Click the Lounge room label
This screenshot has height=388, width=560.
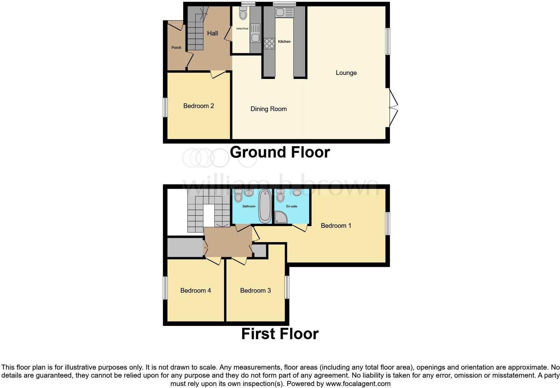346,73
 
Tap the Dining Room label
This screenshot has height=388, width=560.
268,109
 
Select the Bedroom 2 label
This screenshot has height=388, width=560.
198,106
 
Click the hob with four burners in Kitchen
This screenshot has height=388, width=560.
269,43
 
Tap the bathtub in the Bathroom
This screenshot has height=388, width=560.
265,206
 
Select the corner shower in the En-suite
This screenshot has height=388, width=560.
280,217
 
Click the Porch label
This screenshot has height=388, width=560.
176,48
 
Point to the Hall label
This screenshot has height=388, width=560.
212,33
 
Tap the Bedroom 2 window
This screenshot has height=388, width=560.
165,107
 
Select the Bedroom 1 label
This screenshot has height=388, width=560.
336,226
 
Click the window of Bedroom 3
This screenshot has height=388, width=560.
287,287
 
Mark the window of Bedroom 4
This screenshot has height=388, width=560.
165,288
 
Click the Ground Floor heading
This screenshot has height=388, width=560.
280,153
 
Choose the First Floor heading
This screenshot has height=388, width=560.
280,334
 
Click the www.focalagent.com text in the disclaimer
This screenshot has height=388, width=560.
358,384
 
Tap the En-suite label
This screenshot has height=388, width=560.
291,206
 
